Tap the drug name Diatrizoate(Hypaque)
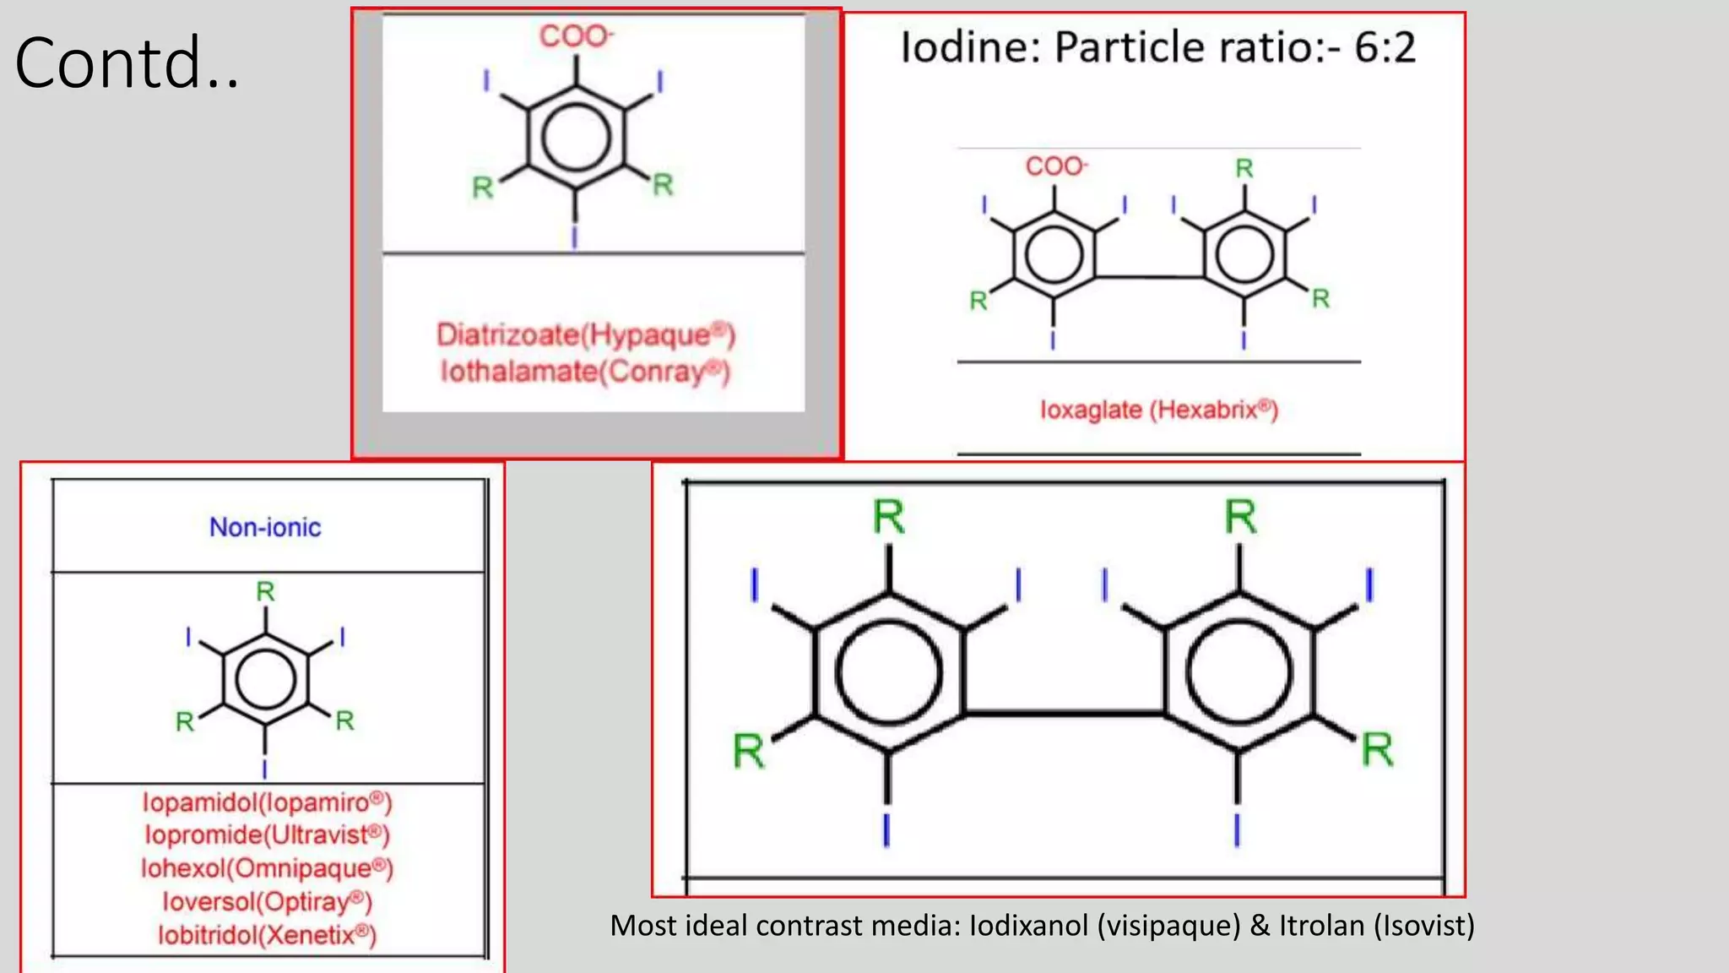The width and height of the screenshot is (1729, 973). pyautogui.click(x=586, y=334)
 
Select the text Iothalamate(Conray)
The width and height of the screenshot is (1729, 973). pyautogui.click(x=584, y=371)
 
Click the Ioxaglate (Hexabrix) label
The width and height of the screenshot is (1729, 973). pyautogui.click(x=1158, y=410)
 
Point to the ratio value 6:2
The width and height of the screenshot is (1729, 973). pyautogui.click(x=1385, y=47)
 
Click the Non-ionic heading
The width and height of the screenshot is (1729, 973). pyautogui.click(x=265, y=527)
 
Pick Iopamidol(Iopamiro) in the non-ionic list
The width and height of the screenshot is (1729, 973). pyautogui.click(x=267, y=802)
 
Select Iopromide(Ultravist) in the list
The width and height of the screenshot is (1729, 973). pyautogui.click(x=267, y=834)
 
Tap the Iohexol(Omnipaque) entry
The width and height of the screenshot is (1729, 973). pyautogui.click(x=267, y=867)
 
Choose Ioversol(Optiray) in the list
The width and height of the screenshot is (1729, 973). pyautogui.click(x=267, y=901)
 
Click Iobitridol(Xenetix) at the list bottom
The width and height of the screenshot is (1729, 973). pyautogui.click(x=267, y=935)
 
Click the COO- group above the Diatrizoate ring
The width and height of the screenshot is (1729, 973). pyautogui.click(x=577, y=36)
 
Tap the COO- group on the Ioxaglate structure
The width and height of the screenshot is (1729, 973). pyautogui.click(x=1056, y=166)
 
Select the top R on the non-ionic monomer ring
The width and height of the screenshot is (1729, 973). pyautogui.click(x=265, y=591)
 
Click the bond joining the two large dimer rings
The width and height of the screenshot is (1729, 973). pyautogui.click(x=1065, y=715)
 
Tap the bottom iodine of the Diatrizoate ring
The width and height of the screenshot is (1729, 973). pyautogui.click(x=575, y=236)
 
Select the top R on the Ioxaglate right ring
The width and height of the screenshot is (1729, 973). pyautogui.click(x=1244, y=168)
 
